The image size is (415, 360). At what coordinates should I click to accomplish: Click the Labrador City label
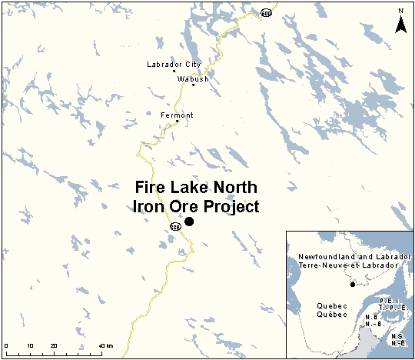(x=168, y=65)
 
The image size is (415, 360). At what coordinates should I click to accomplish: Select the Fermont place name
(x=177, y=115)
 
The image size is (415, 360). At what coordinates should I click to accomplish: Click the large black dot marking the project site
(x=189, y=222)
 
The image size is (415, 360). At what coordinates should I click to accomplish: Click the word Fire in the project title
(x=151, y=188)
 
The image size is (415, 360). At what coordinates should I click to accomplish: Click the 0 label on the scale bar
(x=6, y=345)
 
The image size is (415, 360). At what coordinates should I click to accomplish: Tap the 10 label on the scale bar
(x=30, y=345)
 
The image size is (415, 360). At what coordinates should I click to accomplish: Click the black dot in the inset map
(x=353, y=285)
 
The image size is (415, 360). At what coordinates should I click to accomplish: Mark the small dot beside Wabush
(x=193, y=85)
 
